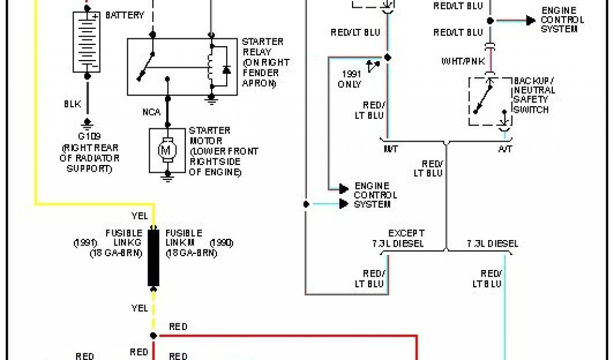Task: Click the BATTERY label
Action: pos(125,15)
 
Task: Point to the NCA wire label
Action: pos(151,112)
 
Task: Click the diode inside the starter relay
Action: pos(226,70)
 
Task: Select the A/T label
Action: pos(505,149)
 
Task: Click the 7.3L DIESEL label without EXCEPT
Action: pos(492,244)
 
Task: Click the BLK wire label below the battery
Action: pos(73,104)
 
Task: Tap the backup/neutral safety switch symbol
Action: pos(489,100)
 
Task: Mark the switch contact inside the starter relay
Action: pos(147,67)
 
